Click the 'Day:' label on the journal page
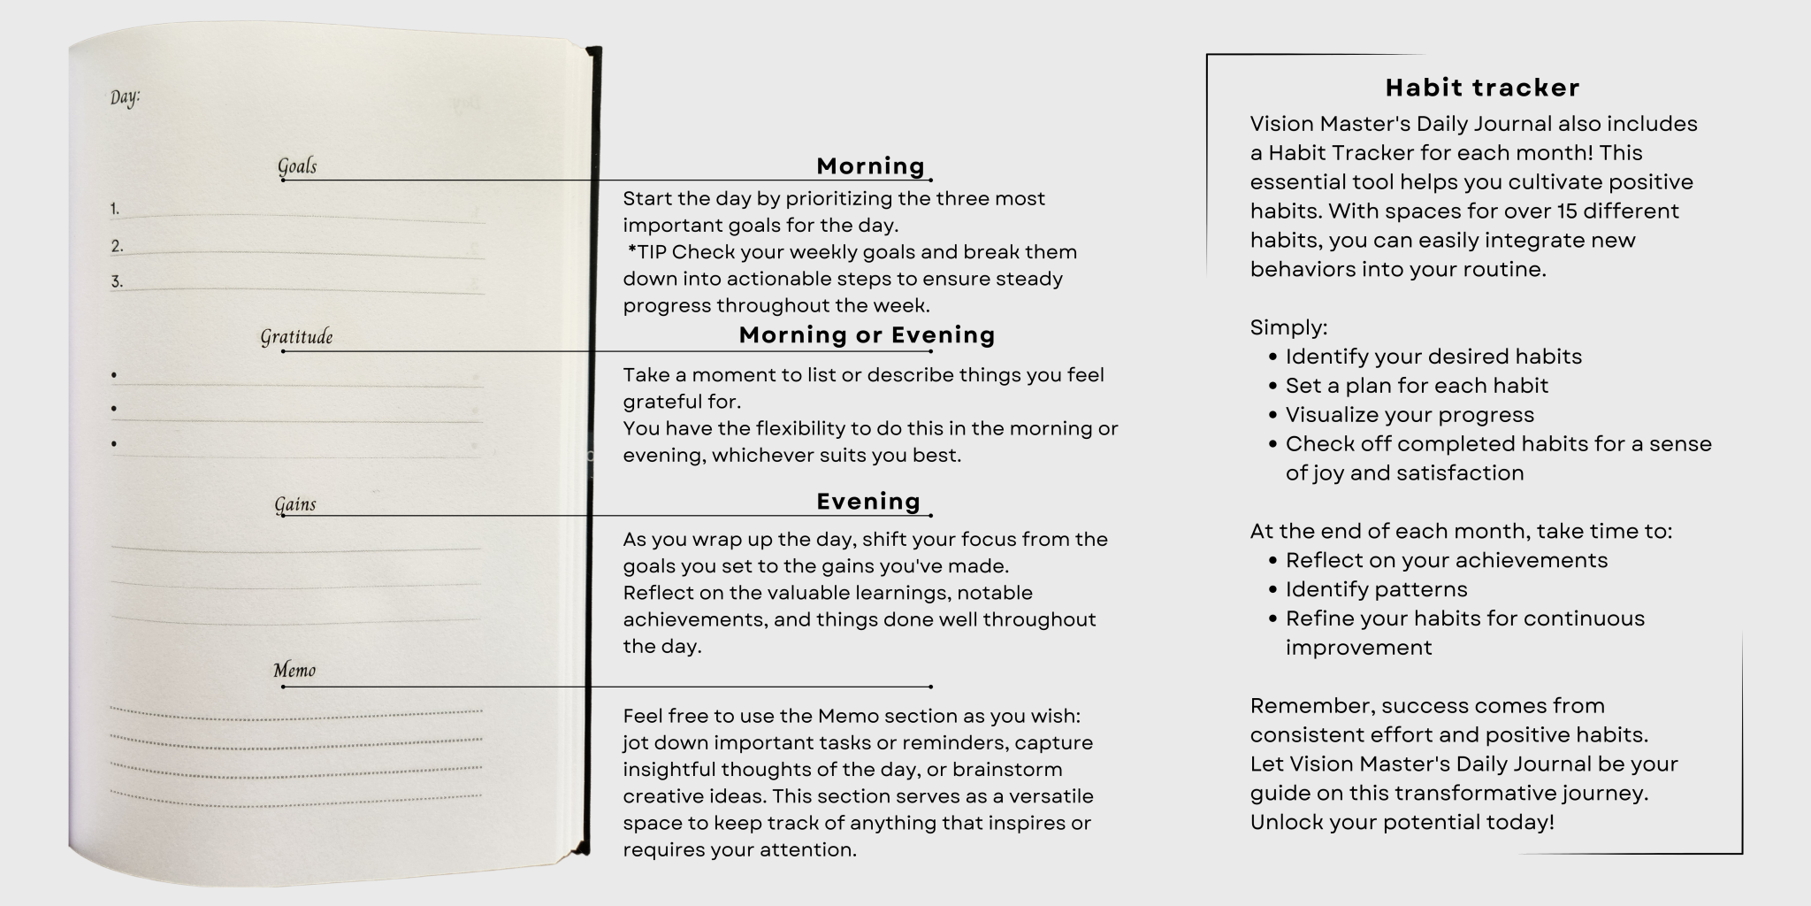[x=125, y=97]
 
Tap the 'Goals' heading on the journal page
[x=297, y=166]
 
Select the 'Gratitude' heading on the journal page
[x=296, y=337]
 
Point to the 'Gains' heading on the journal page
[x=294, y=504]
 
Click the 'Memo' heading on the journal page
[x=294, y=671]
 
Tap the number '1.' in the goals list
[x=115, y=210]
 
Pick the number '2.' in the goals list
[x=117, y=247]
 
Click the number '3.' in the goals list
[x=117, y=282]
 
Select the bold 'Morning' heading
[x=870, y=166]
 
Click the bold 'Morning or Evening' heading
[x=867, y=335]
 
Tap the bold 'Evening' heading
[x=868, y=502]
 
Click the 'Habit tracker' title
[x=1482, y=88]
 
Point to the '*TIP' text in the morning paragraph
[x=647, y=252]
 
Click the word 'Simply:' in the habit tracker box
[x=1288, y=327]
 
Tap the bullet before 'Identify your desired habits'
[x=1273, y=357]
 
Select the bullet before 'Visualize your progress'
[x=1273, y=416]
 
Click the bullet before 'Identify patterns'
[x=1273, y=590]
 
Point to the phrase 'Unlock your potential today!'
[x=1402, y=822]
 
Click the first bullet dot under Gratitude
[x=114, y=375]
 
